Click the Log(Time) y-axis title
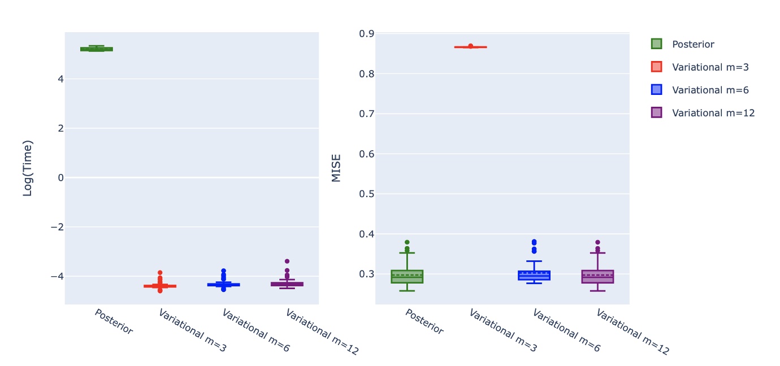[28, 168]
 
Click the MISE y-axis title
[336, 168]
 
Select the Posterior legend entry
[693, 44]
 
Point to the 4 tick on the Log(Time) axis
[59, 79]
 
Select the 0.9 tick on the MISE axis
[367, 34]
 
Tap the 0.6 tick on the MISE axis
[367, 154]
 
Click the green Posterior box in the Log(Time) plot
[97, 49]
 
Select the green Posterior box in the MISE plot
[407, 277]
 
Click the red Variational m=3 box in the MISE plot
[470, 47]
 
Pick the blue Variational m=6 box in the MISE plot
[534, 276]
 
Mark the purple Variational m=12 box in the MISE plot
[597, 277]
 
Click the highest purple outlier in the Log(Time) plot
[287, 261]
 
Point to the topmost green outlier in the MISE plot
[407, 242]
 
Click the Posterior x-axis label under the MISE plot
[424, 322]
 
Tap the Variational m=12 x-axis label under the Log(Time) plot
[322, 332]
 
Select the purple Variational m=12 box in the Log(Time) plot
[287, 284]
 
